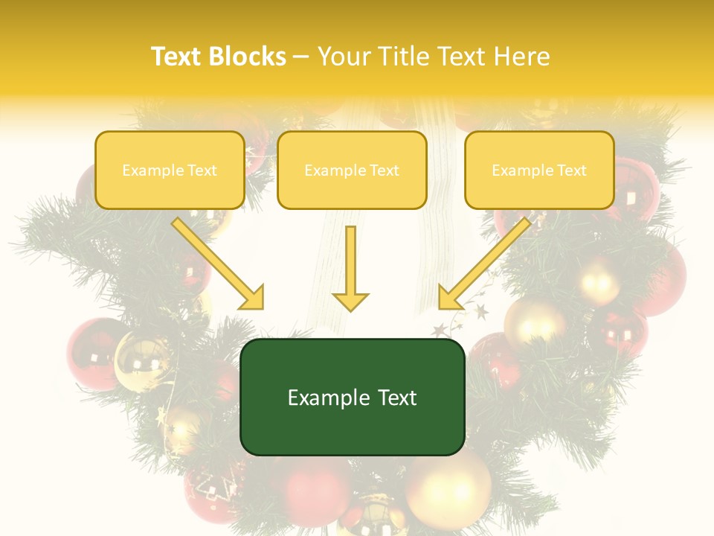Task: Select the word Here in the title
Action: pyautogui.click(x=522, y=57)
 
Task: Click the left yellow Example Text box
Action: pyautogui.click(x=170, y=170)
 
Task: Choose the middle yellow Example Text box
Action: pyautogui.click(x=352, y=170)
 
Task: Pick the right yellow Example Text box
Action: pyautogui.click(x=539, y=170)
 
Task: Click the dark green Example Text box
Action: pyautogui.click(x=353, y=398)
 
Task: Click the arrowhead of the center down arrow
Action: pyautogui.click(x=350, y=301)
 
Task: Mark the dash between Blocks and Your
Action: pyautogui.click(x=301, y=57)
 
